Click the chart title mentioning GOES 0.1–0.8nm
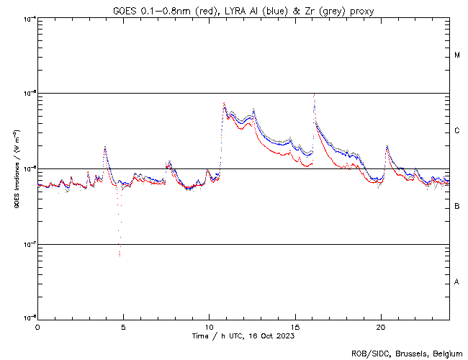243,11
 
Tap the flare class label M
458,55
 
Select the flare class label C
458,131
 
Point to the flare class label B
458,207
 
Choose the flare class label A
458,282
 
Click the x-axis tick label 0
37,327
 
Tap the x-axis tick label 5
123,327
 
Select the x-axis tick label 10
209,327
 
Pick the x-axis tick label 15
295,327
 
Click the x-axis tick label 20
381,327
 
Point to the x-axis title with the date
243,336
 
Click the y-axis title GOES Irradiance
15,168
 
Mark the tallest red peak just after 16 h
314,94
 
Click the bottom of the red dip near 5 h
120,255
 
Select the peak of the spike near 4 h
105,147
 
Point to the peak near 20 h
387,146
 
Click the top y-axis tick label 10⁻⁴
27,18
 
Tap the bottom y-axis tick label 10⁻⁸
27,318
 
